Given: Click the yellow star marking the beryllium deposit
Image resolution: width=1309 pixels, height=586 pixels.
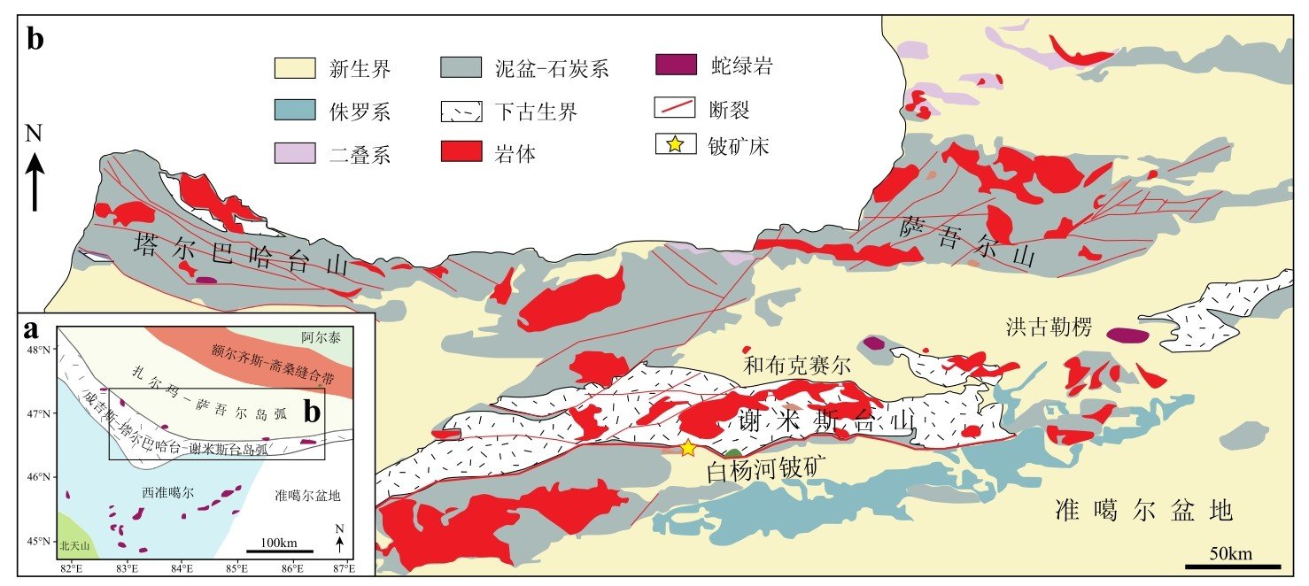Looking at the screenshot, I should (x=688, y=448).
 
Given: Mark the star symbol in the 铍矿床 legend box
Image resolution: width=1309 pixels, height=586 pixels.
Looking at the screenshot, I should (x=675, y=145).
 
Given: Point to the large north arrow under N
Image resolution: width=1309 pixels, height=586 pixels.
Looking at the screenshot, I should (x=35, y=181).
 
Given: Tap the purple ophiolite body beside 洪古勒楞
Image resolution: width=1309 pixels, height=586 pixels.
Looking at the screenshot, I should (x=1127, y=335).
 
